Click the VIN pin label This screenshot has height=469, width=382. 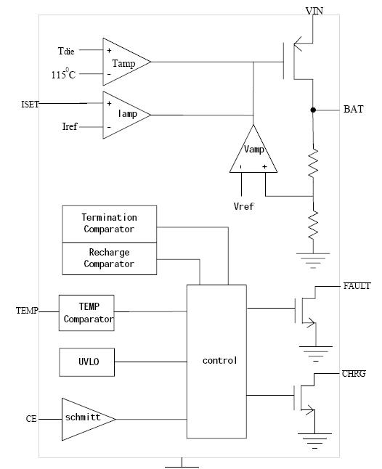314,11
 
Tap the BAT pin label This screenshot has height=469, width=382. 353,109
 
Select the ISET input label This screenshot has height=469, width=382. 30,104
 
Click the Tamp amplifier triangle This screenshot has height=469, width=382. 127,62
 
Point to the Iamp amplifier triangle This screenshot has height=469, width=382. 127,115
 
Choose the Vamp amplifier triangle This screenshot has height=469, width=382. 253,149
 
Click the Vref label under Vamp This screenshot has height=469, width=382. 243,206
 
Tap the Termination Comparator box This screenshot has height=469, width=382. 109,224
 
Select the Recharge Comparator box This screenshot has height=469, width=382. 109,258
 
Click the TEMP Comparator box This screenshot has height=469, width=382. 86,313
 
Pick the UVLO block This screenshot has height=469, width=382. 86,362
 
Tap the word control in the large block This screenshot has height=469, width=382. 219,361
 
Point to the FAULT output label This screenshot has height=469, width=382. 357,286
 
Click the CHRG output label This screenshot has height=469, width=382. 354,374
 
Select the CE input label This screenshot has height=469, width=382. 31,419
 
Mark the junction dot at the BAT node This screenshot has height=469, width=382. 313,110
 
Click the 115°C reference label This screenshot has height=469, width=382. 63,73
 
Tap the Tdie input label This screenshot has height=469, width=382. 66,51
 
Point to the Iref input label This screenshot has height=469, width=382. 70,126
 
